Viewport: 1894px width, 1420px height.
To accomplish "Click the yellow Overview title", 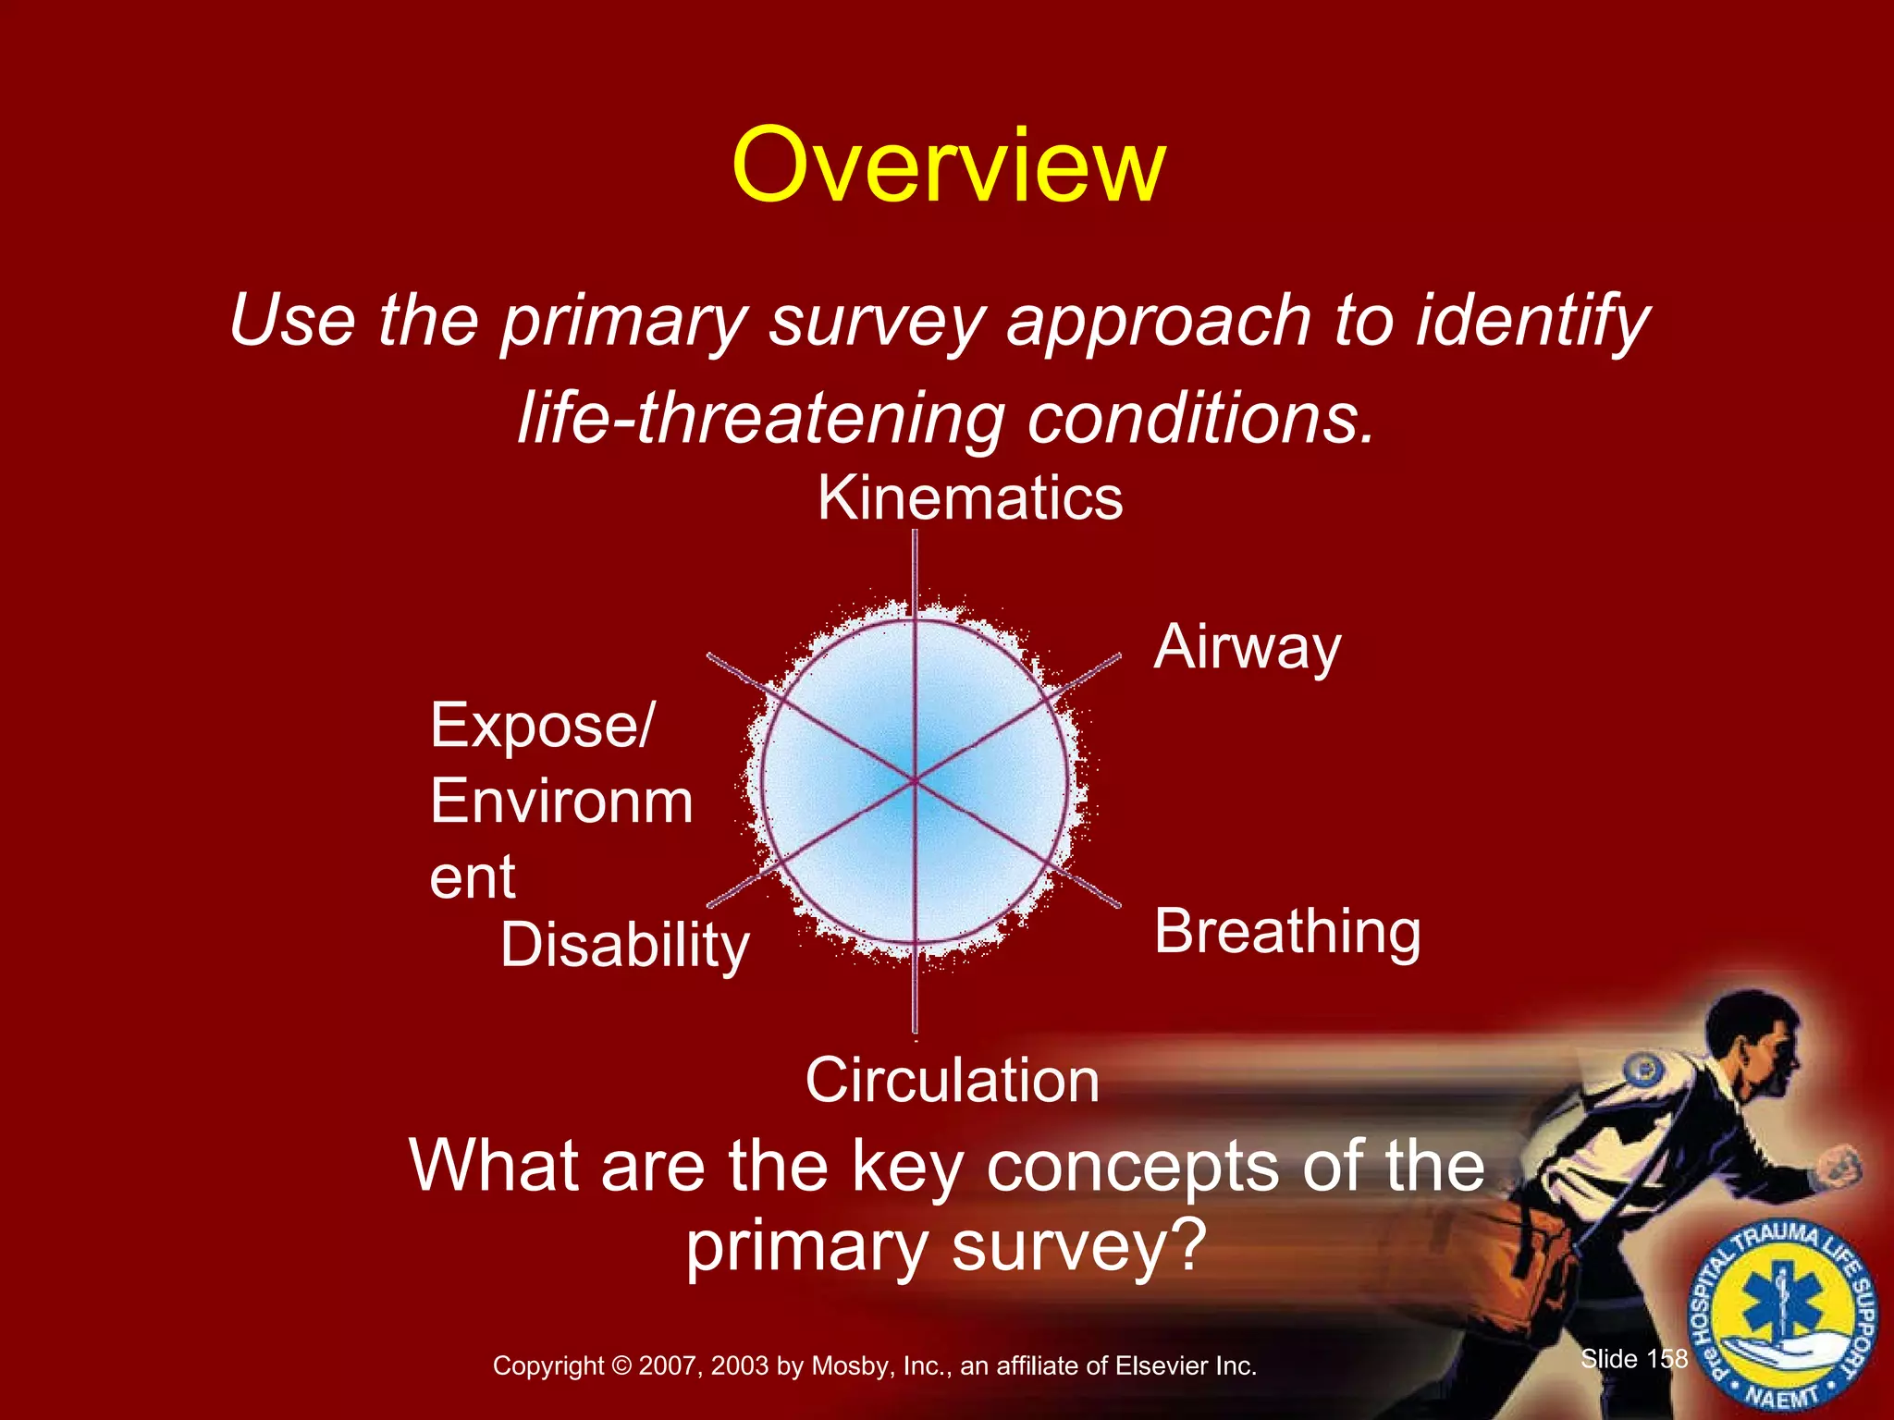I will pos(948,166).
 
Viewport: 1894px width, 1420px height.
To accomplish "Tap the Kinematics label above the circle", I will pos(970,499).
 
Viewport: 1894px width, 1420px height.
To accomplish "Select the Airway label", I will pos(1247,647).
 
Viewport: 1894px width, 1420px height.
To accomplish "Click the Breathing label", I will pos(1287,932).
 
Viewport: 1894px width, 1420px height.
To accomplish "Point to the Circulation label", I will pos(952,1080).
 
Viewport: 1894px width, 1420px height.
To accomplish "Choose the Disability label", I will pos(625,946).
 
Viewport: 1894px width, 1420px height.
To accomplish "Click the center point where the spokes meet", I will pos(915,782).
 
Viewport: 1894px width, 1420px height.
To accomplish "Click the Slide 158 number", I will pos(1634,1358).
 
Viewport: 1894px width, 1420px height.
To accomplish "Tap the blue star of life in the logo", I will pos(1781,1308).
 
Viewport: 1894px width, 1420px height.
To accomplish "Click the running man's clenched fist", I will pos(1839,1167).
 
